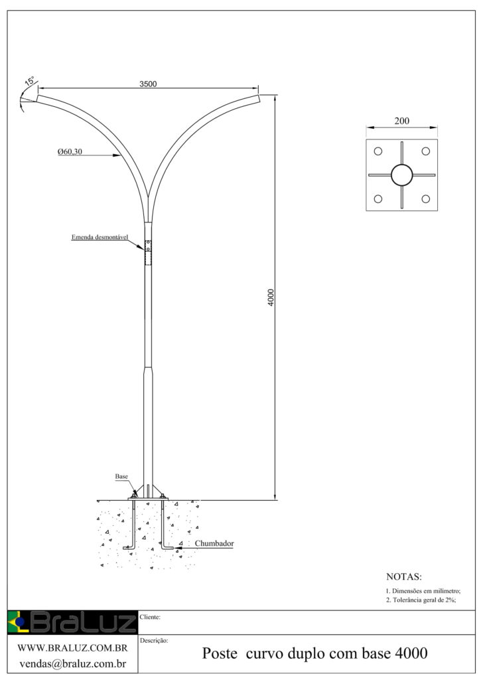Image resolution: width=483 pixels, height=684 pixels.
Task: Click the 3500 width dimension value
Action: pyautogui.click(x=148, y=84)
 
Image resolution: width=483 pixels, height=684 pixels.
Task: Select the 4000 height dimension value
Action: pyautogui.click(x=270, y=297)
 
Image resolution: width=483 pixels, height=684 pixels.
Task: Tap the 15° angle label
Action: pyautogui.click(x=30, y=82)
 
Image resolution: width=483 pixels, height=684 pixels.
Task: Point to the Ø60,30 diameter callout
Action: pyautogui.click(x=70, y=152)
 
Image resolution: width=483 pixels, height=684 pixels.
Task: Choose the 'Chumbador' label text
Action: pyautogui.click(x=214, y=543)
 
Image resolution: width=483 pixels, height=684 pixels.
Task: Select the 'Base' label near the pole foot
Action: pyautogui.click(x=121, y=477)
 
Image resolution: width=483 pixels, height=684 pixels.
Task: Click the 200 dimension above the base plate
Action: pyautogui.click(x=401, y=122)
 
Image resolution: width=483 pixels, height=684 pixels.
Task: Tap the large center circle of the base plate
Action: pyautogui.click(x=401, y=175)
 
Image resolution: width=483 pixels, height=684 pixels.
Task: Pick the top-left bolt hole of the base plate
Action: pyautogui.click(x=378, y=151)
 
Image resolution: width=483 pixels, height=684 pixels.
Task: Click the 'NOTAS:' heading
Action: pyautogui.click(x=403, y=576)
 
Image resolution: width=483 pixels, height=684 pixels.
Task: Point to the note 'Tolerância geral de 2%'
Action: pyautogui.click(x=421, y=600)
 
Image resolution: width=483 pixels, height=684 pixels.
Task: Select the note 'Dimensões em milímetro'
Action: pyautogui.click(x=423, y=590)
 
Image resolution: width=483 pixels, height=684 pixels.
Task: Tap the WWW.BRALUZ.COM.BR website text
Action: pyautogui.click(x=72, y=647)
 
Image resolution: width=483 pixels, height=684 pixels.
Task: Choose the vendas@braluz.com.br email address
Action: pyautogui.click(x=72, y=663)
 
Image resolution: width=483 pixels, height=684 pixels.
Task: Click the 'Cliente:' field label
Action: pyautogui.click(x=152, y=617)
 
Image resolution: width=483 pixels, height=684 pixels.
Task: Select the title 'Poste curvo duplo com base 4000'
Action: pyautogui.click(x=314, y=654)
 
